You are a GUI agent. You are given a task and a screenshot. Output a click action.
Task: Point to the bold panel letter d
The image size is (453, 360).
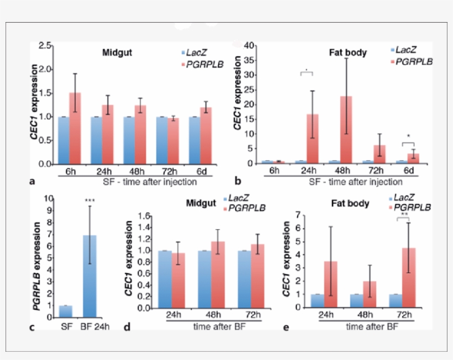coord(127,327)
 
